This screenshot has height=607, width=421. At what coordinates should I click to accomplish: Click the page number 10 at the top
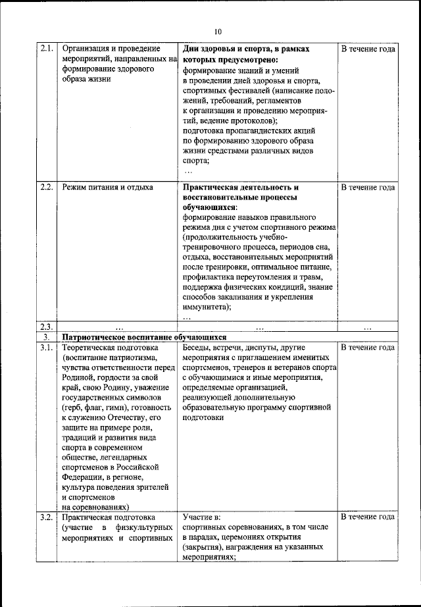(218, 32)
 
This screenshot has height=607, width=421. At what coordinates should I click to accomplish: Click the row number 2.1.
(46, 49)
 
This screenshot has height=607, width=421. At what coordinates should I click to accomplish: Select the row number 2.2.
(46, 188)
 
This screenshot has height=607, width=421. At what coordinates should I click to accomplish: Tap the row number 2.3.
(46, 327)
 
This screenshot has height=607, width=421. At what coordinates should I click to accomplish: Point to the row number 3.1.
(46, 347)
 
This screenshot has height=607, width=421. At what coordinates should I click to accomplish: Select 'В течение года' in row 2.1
(368, 49)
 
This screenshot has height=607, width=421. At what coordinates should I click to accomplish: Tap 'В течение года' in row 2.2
(368, 188)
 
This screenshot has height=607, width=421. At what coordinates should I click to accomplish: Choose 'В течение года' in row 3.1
(368, 347)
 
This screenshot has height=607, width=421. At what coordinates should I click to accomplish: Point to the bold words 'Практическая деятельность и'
(241, 188)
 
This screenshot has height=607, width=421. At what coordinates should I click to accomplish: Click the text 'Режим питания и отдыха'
(107, 188)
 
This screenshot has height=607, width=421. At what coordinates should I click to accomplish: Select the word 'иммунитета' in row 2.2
(205, 307)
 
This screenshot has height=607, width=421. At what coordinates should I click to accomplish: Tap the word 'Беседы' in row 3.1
(198, 347)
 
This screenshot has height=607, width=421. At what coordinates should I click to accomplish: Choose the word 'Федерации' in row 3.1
(84, 476)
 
